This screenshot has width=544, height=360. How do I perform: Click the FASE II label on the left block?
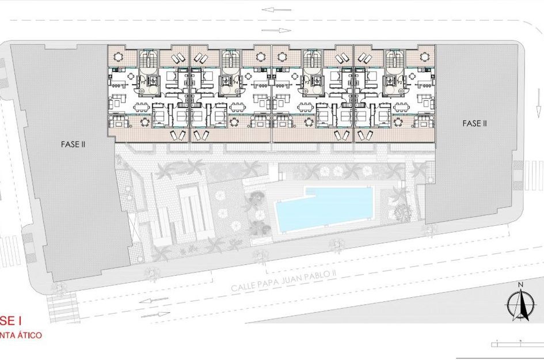pos(73,145)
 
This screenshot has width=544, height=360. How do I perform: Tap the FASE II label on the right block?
pos(475,123)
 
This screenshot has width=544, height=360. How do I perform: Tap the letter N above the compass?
pos(520,285)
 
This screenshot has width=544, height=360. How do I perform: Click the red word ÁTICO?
pos(26,335)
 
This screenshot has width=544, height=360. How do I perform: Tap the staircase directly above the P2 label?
pos(395,59)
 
